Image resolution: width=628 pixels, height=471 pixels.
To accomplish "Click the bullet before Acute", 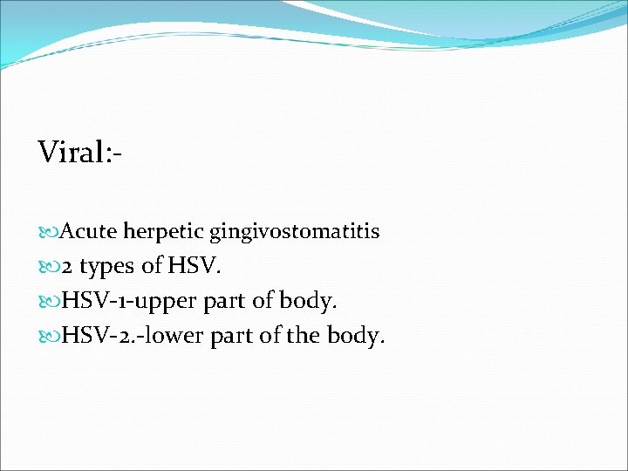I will (49, 233).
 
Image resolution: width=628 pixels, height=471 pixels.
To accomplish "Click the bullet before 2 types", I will (49, 267).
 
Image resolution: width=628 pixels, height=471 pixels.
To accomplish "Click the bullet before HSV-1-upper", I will (49, 302).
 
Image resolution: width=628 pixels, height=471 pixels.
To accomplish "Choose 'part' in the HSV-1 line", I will (223, 302).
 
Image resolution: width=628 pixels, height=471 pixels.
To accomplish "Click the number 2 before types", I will (66, 266).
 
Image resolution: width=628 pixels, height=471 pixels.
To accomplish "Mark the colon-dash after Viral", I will (113, 154).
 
